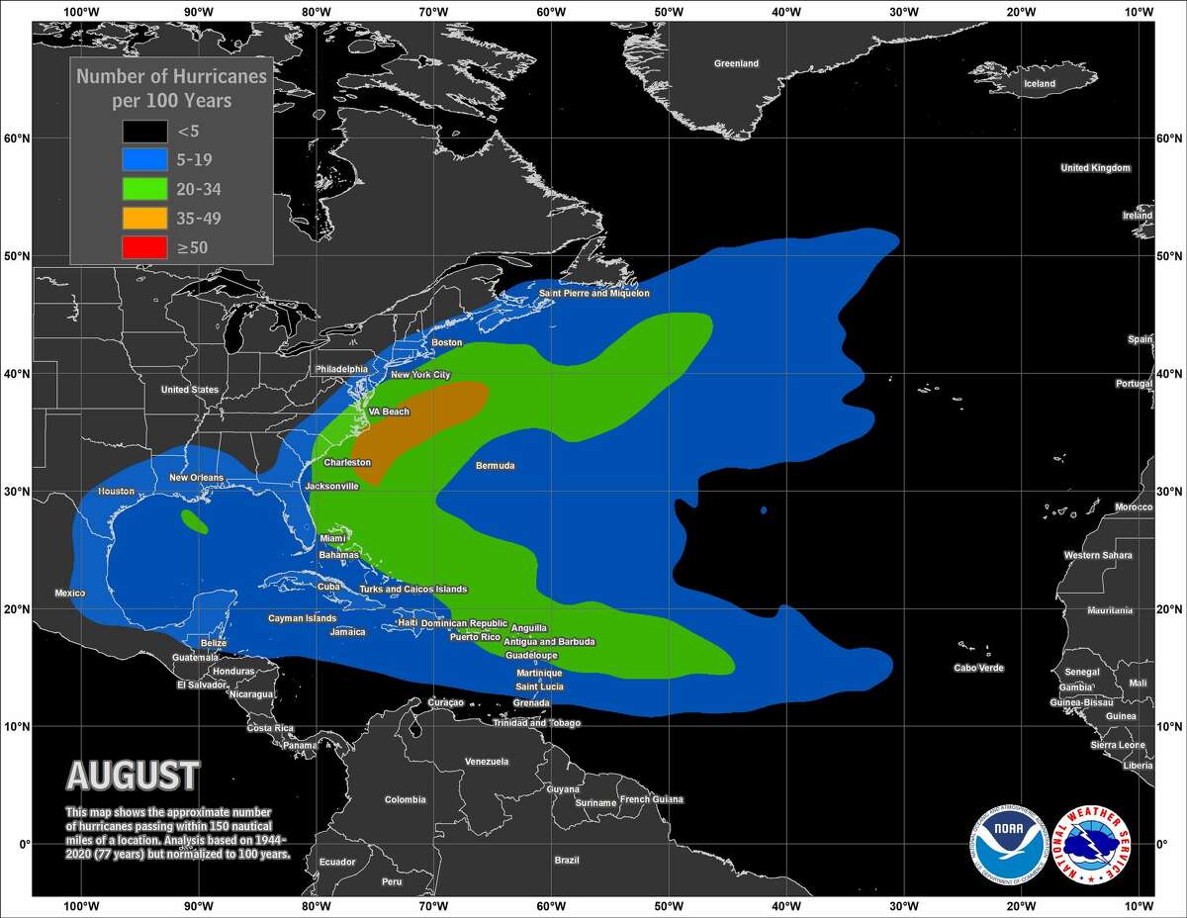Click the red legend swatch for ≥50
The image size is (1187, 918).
click(144, 247)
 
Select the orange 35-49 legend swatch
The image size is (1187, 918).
click(144, 218)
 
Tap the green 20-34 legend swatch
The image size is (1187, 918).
click(144, 188)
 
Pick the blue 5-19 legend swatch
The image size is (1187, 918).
click(144, 158)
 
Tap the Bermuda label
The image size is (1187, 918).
click(495, 465)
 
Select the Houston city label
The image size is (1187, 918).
click(116, 492)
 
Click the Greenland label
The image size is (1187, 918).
click(736, 63)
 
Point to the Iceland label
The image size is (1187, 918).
click(1040, 84)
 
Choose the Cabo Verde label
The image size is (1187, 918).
click(978, 668)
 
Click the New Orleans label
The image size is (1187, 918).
click(196, 478)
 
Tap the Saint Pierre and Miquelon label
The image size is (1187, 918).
click(593, 293)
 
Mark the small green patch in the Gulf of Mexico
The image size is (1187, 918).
click(195, 520)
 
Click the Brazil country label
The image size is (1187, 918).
click(567, 861)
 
